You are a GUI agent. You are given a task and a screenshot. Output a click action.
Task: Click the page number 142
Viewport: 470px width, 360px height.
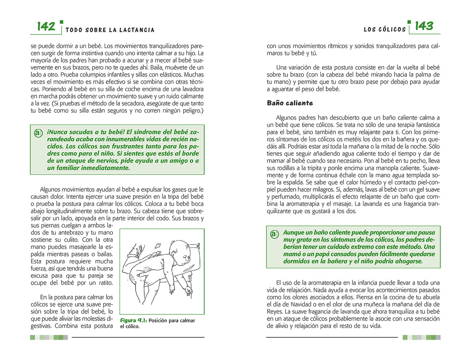pos(46,27)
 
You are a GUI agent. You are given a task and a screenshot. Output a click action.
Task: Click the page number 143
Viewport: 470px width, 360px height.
pos(424,26)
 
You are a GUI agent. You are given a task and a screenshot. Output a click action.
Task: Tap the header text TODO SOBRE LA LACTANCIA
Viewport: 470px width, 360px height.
pos(110,30)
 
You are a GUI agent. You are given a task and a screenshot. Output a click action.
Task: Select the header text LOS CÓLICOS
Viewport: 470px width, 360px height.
pos(385,30)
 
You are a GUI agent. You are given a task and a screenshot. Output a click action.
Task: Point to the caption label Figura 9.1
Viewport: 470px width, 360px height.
pos(133,320)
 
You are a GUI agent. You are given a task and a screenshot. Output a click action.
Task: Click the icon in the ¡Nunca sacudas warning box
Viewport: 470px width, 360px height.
pos(38,133)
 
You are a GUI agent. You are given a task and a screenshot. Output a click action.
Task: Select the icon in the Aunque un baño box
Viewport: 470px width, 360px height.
pos(274,234)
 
